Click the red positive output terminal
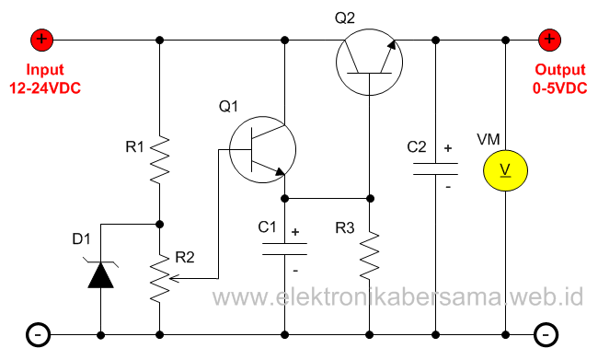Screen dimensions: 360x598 549,40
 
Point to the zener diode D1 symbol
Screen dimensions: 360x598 100,273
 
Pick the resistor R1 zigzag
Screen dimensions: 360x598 160,159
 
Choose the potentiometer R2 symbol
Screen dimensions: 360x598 160,278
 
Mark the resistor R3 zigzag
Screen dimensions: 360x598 369,255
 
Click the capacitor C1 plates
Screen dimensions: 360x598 285,248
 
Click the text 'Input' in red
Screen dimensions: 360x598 45,70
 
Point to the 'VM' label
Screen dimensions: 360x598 489,139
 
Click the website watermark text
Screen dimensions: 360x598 398,297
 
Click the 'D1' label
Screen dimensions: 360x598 82,239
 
